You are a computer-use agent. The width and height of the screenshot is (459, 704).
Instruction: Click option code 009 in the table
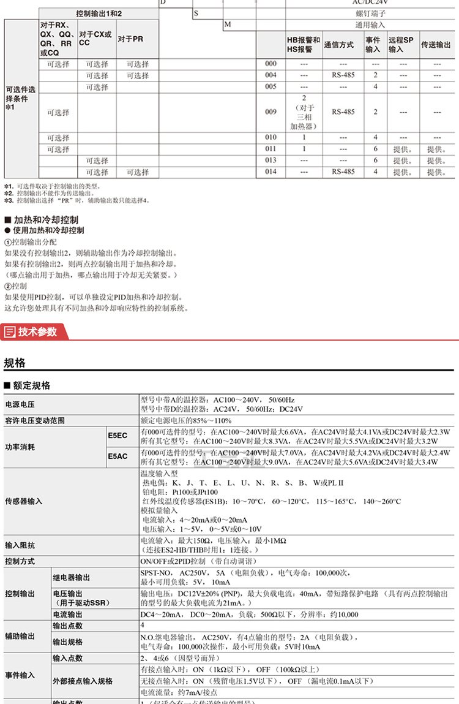(271, 112)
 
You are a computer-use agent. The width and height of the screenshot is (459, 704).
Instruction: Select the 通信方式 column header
(338, 45)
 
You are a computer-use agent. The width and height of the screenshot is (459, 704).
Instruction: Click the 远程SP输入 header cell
(401, 45)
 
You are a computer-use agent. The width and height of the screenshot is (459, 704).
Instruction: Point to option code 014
(271, 172)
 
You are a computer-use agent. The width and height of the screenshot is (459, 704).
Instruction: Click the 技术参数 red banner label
(37, 331)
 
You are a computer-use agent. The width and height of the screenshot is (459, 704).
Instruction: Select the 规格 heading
(15, 363)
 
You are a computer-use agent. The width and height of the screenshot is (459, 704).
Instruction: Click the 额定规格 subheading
(31, 386)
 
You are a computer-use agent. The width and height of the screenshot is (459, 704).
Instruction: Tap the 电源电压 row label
(20, 404)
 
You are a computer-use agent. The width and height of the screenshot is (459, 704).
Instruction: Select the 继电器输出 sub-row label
(72, 577)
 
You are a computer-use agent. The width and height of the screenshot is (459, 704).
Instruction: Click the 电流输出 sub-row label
(67, 615)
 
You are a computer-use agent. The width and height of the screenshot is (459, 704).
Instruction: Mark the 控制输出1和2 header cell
(99, 13)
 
